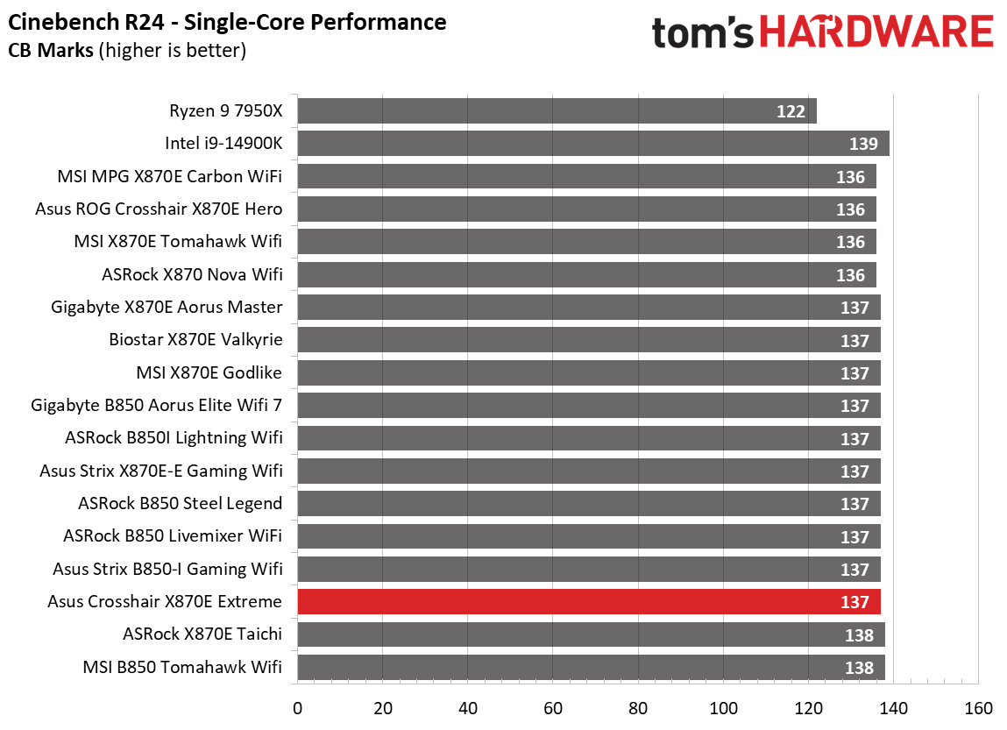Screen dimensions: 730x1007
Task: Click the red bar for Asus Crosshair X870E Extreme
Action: [x=589, y=602]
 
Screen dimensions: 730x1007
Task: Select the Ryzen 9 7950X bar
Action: [x=557, y=111]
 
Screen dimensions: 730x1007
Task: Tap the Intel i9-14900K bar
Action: [x=593, y=144]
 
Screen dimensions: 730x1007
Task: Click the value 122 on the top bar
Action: [x=791, y=112]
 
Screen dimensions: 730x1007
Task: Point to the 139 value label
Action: [x=863, y=145]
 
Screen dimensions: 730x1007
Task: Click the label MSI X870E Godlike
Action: [x=209, y=372]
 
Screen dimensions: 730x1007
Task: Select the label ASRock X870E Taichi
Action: [x=202, y=634]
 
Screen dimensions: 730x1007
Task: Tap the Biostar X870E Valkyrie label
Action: [x=195, y=339]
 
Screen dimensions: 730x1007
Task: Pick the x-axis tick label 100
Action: [x=723, y=708]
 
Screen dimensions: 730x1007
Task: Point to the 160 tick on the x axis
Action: [x=978, y=708]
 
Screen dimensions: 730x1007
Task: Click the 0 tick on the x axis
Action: [x=298, y=708]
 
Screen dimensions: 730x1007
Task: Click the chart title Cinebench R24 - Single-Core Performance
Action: [x=228, y=22]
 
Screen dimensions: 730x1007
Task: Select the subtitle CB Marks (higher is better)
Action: [x=127, y=51]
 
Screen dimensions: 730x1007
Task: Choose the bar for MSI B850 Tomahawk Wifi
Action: [x=591, y=668]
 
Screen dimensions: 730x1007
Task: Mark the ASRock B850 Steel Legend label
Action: [x=180, y=503]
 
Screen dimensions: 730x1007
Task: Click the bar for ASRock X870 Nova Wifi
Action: [x=586, y=275]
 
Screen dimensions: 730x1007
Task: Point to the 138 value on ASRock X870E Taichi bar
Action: [x=859, y=635]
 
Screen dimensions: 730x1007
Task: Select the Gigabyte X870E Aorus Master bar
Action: [x=589, y=308]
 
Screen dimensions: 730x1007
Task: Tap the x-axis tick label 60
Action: [x=553, y=708]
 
